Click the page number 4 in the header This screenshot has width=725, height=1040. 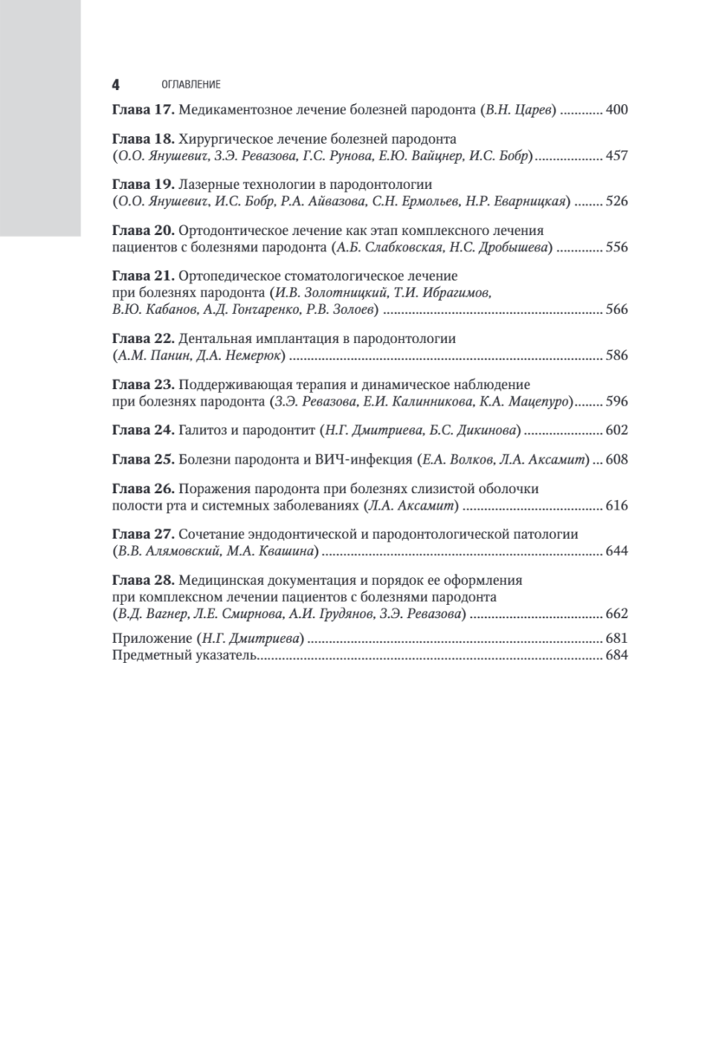click(115, 85)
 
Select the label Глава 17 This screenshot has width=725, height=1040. click(143, 110)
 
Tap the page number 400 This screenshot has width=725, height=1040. click(615, 110)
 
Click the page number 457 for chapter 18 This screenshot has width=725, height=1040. click(615, 156)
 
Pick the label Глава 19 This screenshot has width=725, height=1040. click(143, 185)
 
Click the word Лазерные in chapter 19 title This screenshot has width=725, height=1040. click(209, 185)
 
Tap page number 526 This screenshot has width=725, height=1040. click(615, 202)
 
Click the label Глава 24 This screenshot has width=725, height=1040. click(143, 430)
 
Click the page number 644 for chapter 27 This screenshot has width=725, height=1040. click(615, 551)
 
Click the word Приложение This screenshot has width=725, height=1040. click(152, 640)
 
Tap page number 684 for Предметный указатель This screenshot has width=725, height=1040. click(615, 656)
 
